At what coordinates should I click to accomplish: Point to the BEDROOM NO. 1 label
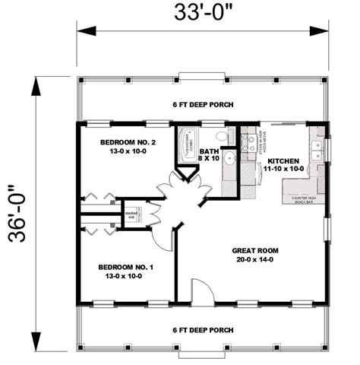coord(125,268)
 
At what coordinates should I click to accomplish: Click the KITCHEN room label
coord(283,161)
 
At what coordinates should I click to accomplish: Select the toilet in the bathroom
coord(221,136)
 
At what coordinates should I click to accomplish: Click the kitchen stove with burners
coord(248,141)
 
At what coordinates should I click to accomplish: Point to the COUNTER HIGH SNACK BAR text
coord(304,200)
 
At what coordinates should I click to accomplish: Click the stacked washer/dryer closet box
coord(130,216)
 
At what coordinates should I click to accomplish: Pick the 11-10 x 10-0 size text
coord(282,170)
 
